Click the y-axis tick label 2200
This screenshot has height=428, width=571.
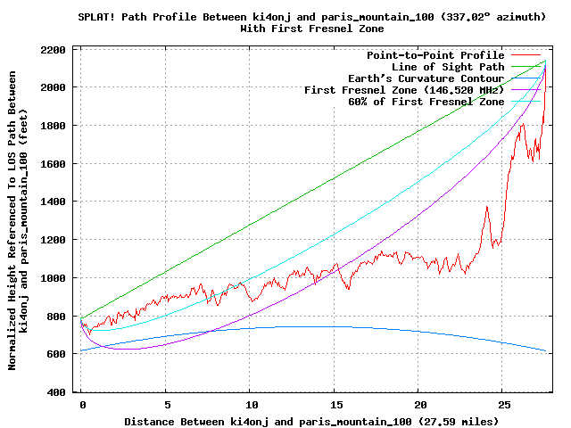pos(56,49)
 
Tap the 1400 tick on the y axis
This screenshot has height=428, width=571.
pos(56,202)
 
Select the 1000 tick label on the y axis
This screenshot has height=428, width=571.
pos(56,278)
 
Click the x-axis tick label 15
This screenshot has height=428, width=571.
pos(335,404)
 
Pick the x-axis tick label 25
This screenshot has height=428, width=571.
pos(504,404)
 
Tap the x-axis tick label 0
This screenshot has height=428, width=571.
pos(82,404)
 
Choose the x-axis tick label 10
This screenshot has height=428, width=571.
pos(251,404)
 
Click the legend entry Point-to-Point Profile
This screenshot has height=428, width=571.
pos(435,55)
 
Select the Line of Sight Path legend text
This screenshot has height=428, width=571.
pos(448,67)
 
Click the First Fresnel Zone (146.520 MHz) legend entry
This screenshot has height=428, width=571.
pos(404,90)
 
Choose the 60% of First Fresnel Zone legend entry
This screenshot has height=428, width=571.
pos(426,102)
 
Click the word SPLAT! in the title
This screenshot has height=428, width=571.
pos(97,16)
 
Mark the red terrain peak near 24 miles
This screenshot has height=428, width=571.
pos(487,208)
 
